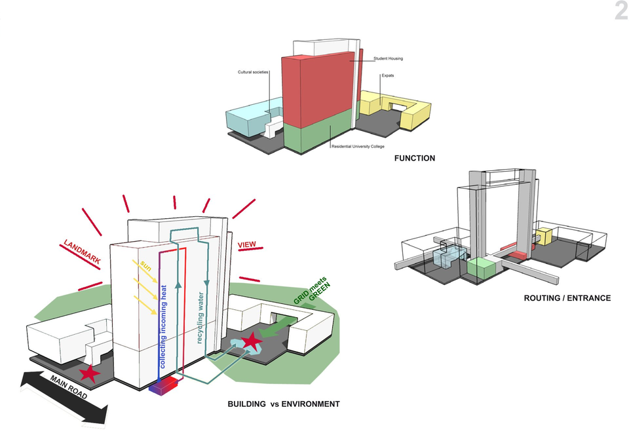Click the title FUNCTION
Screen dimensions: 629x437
[414, 158]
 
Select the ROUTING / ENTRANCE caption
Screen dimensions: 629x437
[567, 298]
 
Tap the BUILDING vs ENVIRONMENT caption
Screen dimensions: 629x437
[284, 404]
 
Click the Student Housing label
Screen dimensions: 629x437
[389, 58]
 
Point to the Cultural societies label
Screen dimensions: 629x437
[253, 72]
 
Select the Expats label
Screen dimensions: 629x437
[388, 75]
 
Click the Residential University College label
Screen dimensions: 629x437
[358, 147]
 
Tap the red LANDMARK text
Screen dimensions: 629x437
[83, 252]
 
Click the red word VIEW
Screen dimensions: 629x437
[247, 245]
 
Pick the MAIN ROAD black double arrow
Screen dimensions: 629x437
[65, 397]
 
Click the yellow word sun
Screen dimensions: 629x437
[145, 265]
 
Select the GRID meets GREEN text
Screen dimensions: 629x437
[312, 291]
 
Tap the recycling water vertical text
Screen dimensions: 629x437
[200, 317]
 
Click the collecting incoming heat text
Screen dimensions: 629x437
[163, 327]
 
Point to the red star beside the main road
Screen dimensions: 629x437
[90, 373]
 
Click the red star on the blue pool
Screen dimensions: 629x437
[252, 341]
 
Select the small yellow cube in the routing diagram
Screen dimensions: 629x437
[544, 237]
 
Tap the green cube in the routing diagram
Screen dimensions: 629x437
[480, 269]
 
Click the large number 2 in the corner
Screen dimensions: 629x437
[621, 10]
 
